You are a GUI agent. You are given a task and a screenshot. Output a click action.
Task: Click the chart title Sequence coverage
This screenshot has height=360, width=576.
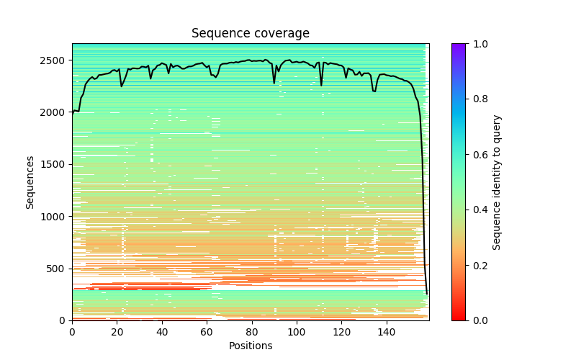[x=251, y=34]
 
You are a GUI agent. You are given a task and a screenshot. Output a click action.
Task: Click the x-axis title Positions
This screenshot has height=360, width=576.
[x=251, y=346]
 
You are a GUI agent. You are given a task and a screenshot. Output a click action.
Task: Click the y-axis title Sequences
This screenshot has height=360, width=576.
[x=30, y=182]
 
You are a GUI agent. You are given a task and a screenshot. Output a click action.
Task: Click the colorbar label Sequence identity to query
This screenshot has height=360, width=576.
[x=497, y=182]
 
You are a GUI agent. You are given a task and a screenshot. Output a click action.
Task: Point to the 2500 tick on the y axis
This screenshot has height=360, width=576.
[x=55, y=60]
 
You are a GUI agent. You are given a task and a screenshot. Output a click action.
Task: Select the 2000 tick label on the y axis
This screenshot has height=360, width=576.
[x=55, y=112]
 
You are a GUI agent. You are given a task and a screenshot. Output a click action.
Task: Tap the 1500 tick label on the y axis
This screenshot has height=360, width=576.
[x=55, y=164]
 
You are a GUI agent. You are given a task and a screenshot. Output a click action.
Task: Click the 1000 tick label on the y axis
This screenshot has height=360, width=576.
[x=55, y=217]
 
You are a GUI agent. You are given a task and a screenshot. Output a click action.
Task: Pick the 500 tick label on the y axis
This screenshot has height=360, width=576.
[x=58, y=269]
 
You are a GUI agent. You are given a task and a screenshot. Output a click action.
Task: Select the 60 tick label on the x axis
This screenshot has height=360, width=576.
[x=207, y=332]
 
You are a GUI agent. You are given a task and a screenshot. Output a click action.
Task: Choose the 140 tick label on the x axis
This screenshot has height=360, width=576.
[x=387, y=332]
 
